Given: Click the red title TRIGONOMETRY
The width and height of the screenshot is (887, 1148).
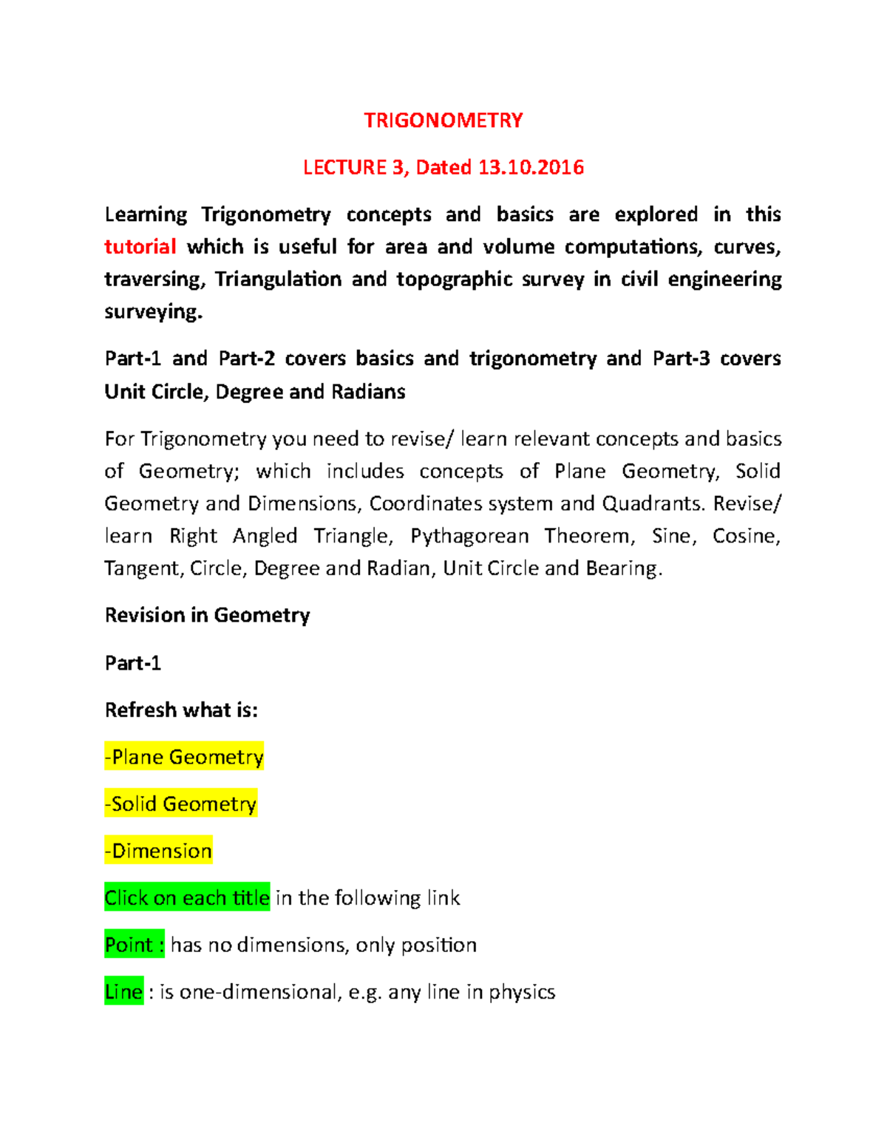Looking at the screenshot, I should tap(443, 120).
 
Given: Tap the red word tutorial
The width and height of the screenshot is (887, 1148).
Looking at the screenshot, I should tap(140, 247).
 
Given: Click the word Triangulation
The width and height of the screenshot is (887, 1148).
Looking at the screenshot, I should tap(278, 279).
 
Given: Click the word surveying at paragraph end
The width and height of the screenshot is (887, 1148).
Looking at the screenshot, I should tap(152, 312).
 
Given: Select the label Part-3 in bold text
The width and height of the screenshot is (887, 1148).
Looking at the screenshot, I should tap(681, 359).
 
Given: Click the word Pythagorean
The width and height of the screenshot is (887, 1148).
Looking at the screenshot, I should tap(469, 536).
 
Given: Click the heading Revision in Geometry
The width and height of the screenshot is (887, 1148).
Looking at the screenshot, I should tap(207, 616).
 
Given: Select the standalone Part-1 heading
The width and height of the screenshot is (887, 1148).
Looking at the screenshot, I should tap(133, 663).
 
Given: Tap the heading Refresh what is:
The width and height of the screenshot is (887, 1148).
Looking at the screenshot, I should tap(181, 710).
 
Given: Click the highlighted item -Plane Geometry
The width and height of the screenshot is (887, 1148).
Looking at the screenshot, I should tap(184, 757).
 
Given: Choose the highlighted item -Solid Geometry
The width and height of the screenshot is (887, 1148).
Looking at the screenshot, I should tap(180, 804).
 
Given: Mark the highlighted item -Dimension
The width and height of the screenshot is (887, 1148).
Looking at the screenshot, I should tap(158, 851).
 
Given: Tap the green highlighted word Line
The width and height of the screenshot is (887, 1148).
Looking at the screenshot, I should tap(123, 992).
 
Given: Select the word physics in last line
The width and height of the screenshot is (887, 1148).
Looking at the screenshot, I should tap(521, 992).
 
